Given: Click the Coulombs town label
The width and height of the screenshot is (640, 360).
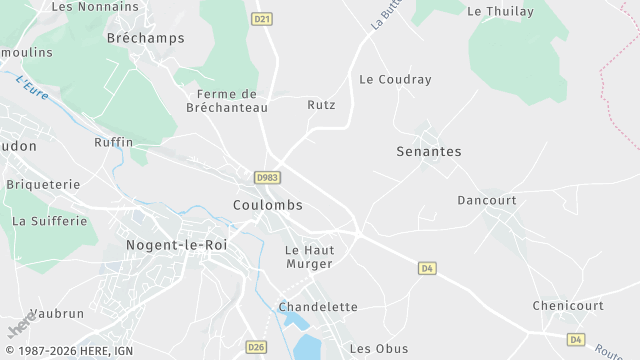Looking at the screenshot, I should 267,205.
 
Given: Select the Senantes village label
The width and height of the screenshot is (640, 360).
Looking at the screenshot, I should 429,152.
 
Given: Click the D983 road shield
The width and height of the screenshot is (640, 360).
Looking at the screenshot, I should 266,177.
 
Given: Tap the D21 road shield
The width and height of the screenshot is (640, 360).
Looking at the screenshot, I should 262,18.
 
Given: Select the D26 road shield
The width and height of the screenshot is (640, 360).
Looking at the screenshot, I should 256,347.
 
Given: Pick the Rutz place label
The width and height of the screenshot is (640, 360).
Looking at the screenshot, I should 321,104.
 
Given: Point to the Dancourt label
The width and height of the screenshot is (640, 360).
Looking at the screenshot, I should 486,200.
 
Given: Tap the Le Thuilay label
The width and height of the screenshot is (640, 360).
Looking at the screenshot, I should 500,11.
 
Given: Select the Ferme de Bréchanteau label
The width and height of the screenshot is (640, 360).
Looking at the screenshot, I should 221,101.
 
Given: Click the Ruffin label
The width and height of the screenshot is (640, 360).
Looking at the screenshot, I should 113,143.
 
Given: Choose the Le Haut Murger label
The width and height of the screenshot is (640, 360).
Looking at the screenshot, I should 308,257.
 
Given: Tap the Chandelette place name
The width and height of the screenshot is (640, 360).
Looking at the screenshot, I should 318,307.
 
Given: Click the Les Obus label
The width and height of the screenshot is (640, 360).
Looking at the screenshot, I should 372,348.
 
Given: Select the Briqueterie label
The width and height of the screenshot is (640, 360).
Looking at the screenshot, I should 43,185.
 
